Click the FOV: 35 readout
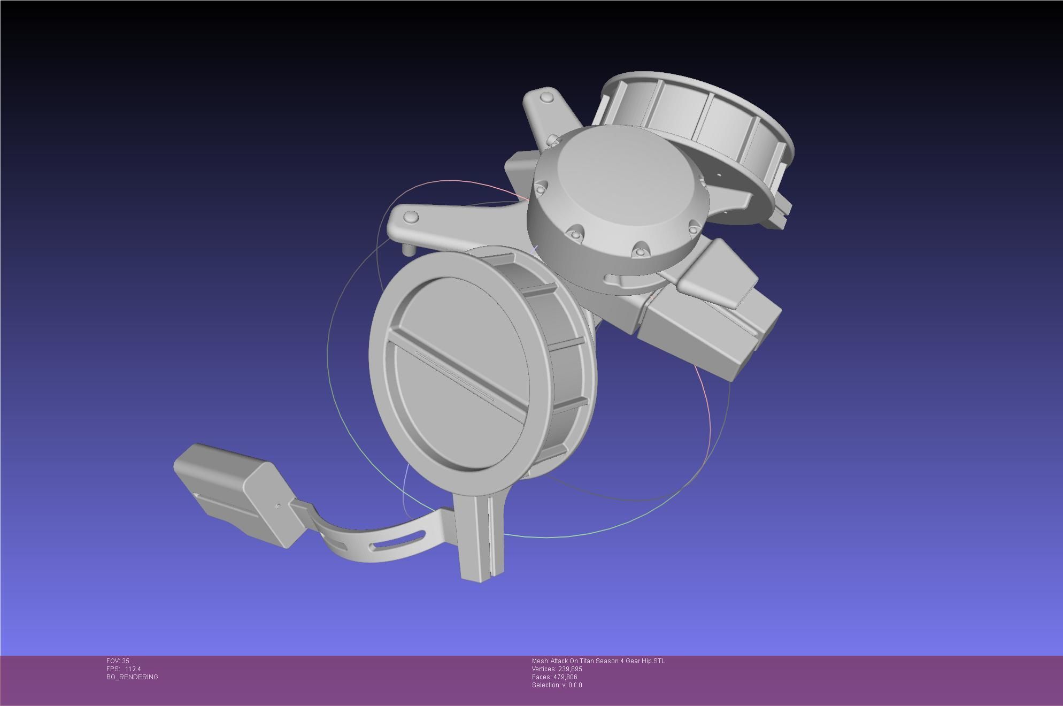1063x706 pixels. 118,661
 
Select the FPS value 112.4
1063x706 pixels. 133,669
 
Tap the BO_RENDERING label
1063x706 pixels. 132,677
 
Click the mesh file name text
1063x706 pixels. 598,661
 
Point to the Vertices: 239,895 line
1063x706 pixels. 557,669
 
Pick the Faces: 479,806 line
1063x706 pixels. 554,677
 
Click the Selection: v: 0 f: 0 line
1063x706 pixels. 557,685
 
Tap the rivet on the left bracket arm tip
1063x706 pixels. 411,217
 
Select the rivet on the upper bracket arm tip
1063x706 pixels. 546,97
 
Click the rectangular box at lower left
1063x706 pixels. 230,489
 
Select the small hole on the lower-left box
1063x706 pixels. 278,506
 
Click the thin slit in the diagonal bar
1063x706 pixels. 455,375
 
